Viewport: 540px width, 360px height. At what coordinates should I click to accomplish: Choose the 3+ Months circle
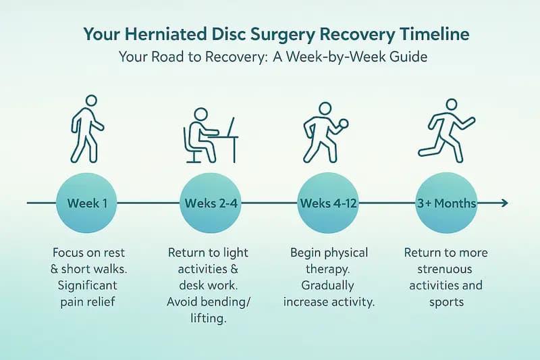click(x=445, y=203)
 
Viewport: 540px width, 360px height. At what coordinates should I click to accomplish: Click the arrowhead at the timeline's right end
click(x=504, y=203)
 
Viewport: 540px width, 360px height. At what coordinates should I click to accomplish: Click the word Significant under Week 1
click(x=84, y=285)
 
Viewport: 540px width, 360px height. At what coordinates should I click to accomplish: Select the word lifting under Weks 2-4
click(x=207, y=317)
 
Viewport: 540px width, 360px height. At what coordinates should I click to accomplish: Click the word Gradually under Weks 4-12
click(x=328, y=285)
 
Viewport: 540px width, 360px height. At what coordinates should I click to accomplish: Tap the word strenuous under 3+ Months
click(x=446, y=269)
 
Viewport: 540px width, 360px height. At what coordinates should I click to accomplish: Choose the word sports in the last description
click(x=446, y=301)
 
